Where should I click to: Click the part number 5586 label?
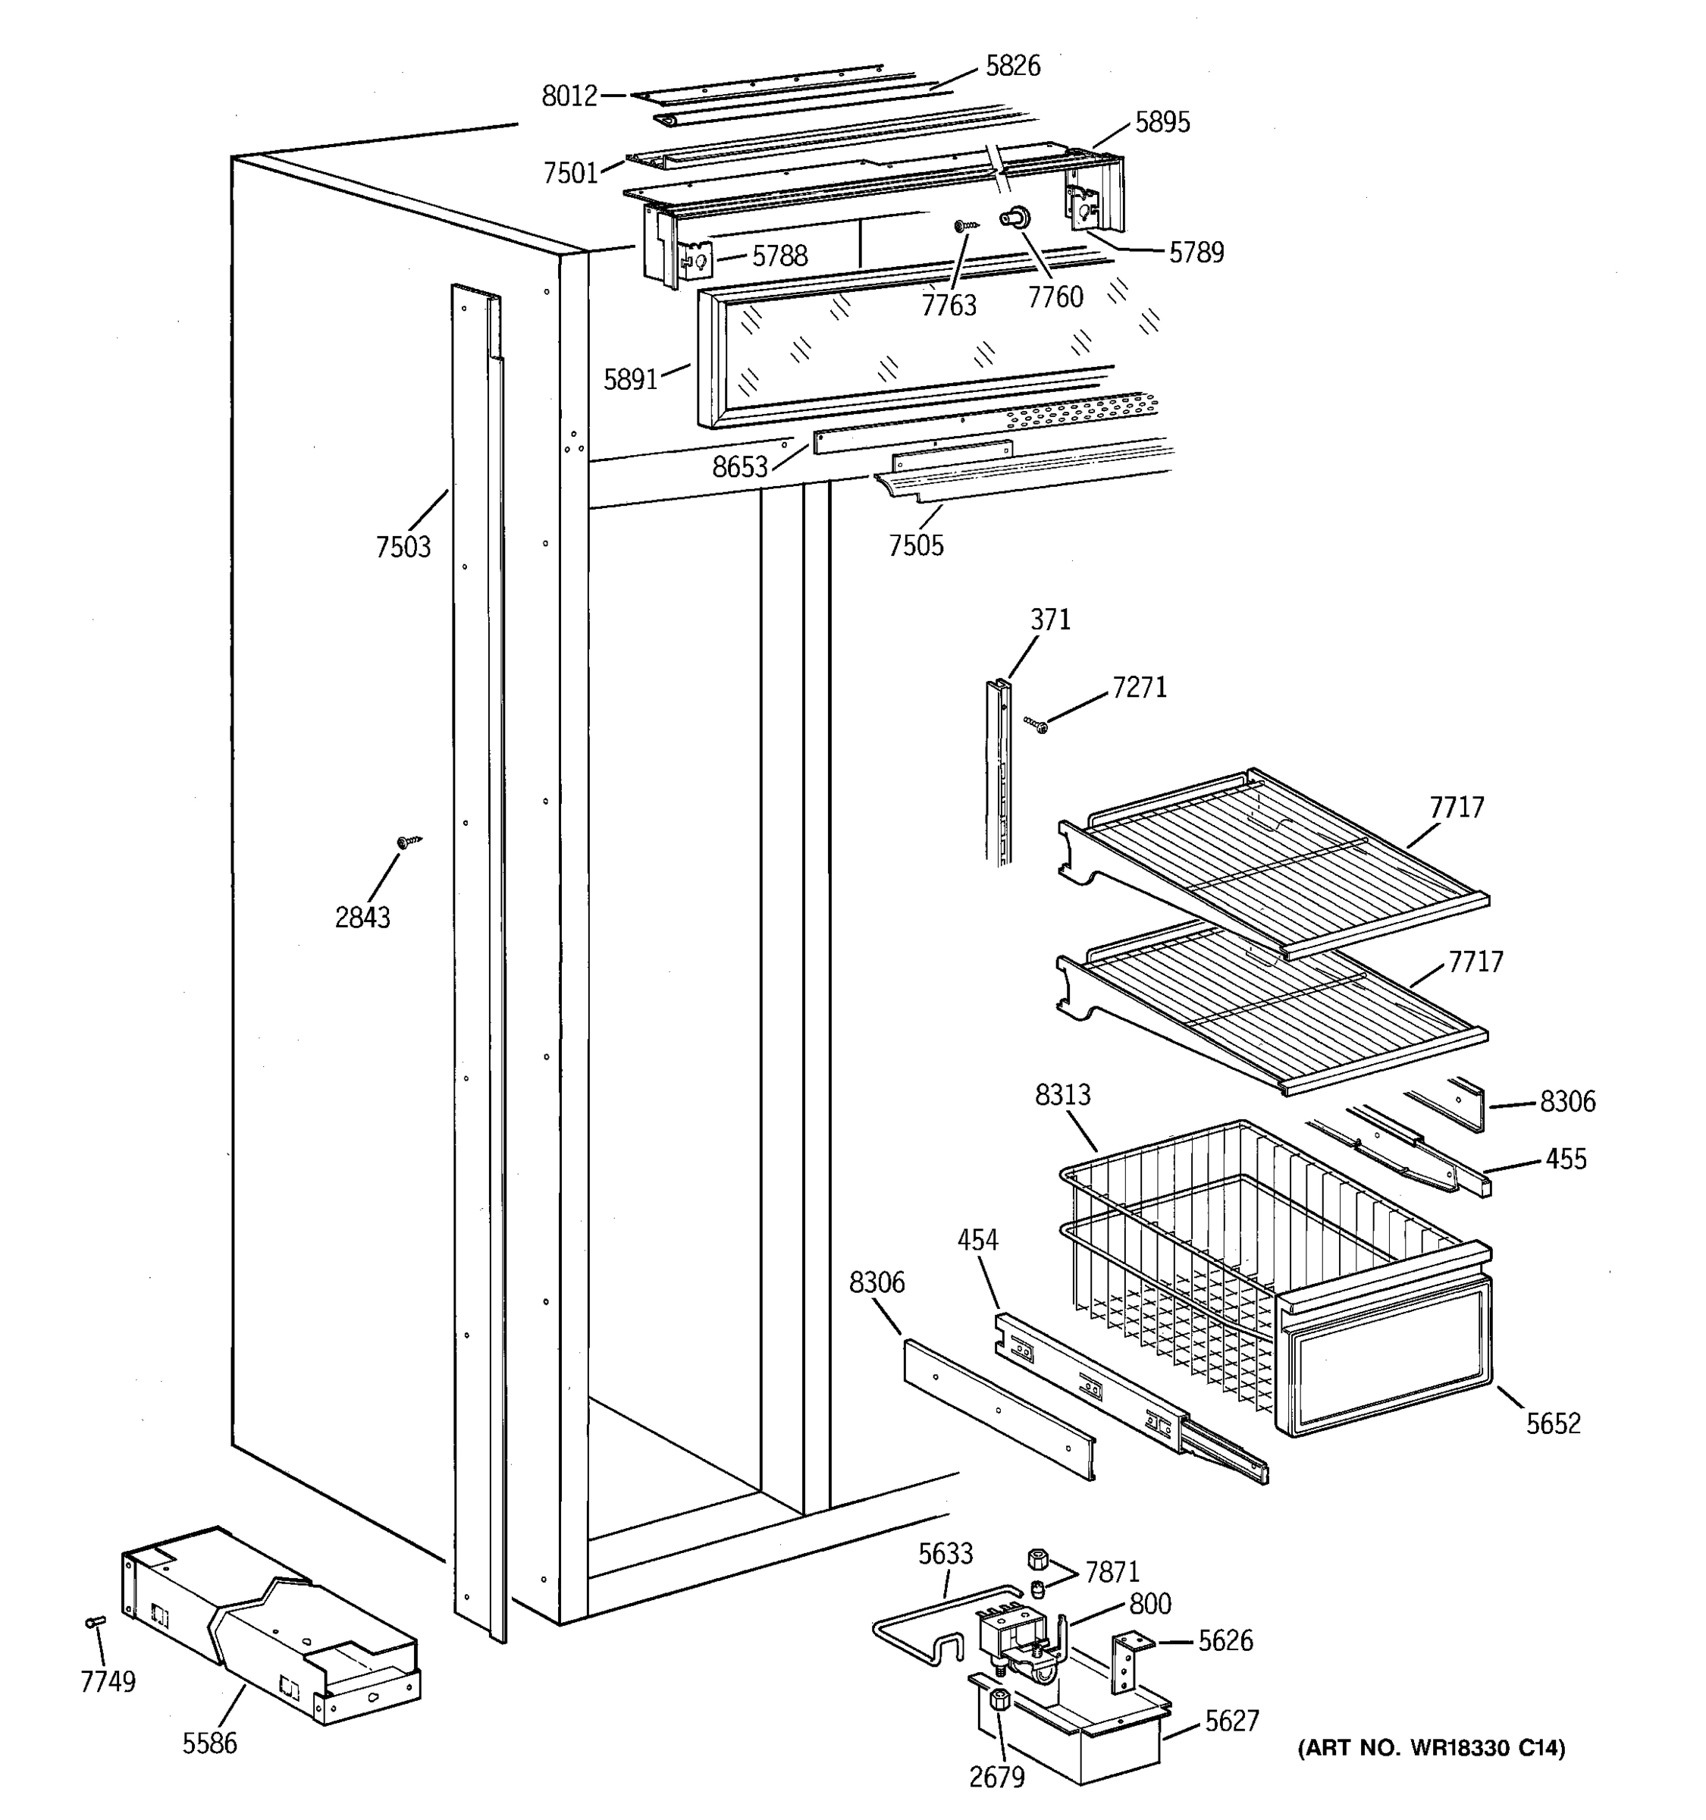tap(209, 1743)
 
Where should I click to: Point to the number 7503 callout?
tap(403, 548)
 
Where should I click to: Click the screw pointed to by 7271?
tap(1037, 725)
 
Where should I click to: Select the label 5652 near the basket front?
tap(1552, 1423)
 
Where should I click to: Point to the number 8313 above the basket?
tap(1062, 1095)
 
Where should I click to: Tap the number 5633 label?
tap(946, 1554)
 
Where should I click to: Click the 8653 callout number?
tap(739, 468)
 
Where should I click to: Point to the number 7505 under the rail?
tap(915, 546)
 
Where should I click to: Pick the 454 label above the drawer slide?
tap(977, 1241)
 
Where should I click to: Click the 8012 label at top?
tap(569, 96)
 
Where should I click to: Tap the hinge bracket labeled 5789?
tap(1082, 209)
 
